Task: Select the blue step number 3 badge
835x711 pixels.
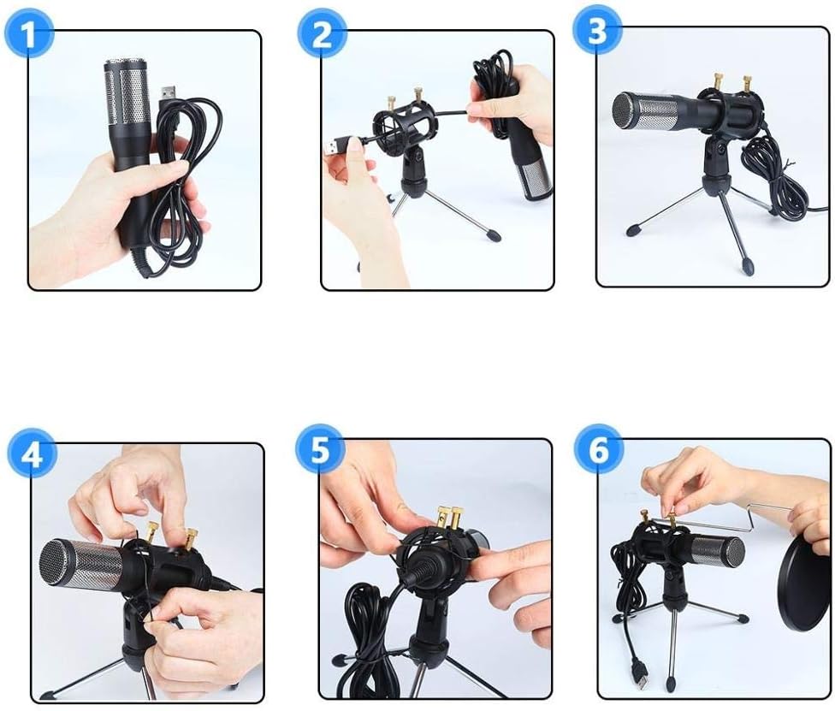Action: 597,30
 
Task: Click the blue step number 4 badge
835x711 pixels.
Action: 32,453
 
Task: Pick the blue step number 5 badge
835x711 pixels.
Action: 320,450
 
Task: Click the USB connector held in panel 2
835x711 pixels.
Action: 335,146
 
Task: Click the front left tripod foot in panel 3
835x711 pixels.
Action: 634,230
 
